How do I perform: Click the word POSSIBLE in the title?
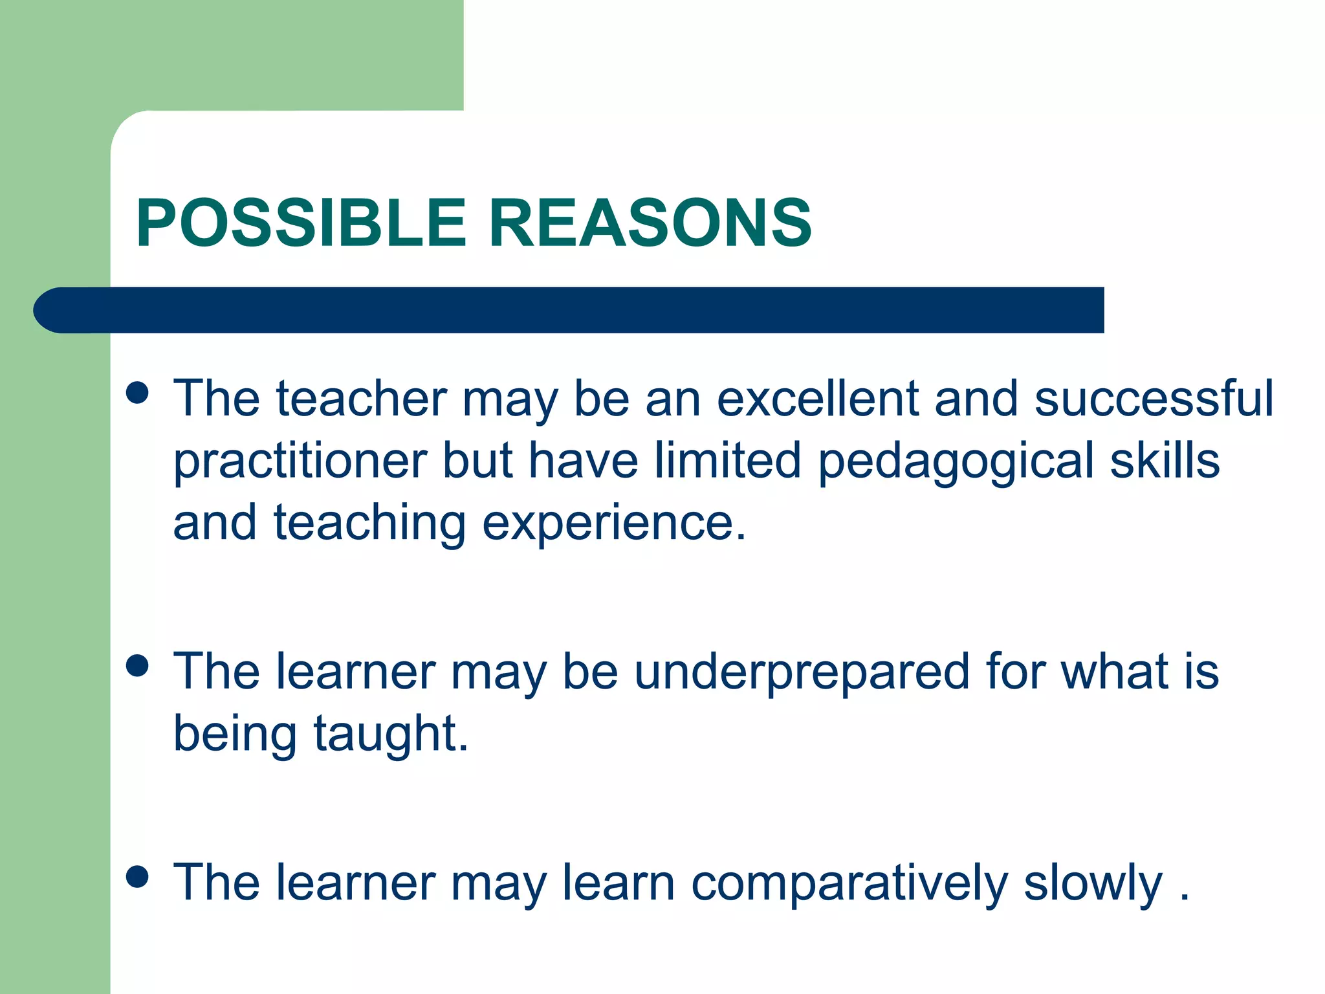(x=301, y=223)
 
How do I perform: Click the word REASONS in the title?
(x=650, y=223)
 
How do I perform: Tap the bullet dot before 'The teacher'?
(x=138, y=393)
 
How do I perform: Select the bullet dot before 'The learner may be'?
(x=138, y=665)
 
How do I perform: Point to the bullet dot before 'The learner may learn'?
(x=138, y=876)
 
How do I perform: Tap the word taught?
(x=391, y=734)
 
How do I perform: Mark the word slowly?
(x=1093, y=884)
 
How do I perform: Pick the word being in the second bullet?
(x=235, y=734)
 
